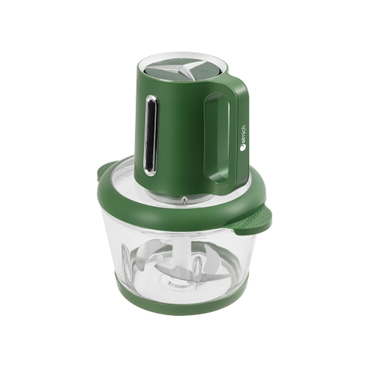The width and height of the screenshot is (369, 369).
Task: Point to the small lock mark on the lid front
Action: (x=184, y=201)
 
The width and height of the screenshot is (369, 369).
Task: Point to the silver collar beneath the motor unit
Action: (x=177, y=197)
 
